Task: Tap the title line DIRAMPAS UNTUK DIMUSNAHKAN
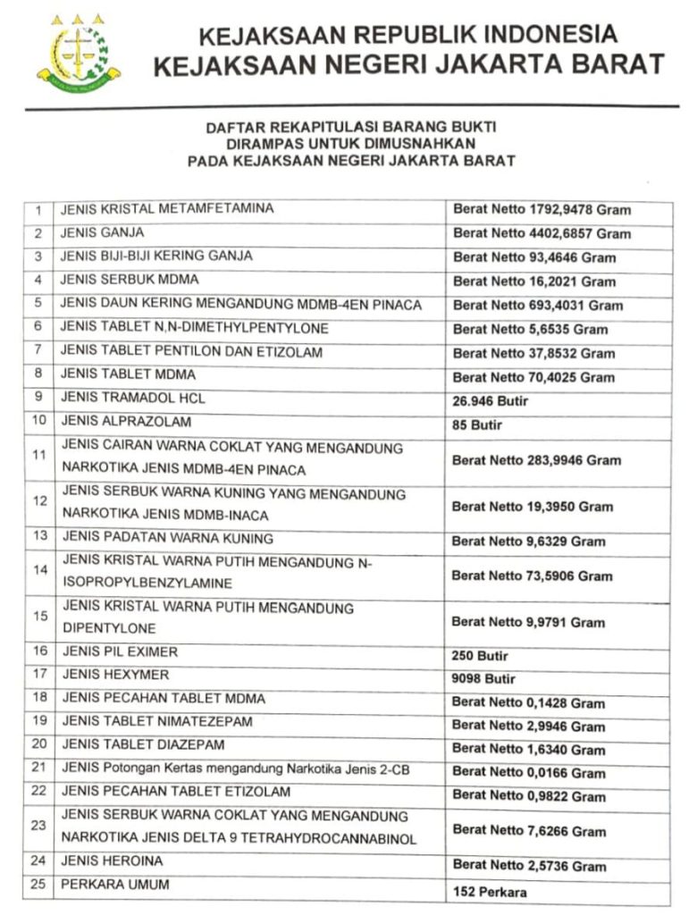click(x=349, y=144)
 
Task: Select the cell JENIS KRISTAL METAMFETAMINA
click(x=167, y=209)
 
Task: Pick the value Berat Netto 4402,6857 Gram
click(x=542, y=234)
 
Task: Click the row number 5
click(x=38, y=304)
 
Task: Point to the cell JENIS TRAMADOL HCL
click(x=132, y=398)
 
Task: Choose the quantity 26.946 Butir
click(x=491, y=402)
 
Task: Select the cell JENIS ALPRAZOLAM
click(x=126, y=421)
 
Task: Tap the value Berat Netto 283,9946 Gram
click(x=536, y=461)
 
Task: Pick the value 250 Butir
click(x=481, y=655)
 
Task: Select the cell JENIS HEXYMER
click(x=114, y=675)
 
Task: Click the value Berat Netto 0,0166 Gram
click(x=528, y=773)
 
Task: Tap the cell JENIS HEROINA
click(x=113, y=861)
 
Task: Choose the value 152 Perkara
click(x=490, y=892)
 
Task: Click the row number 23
click(x=38, y=827)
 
